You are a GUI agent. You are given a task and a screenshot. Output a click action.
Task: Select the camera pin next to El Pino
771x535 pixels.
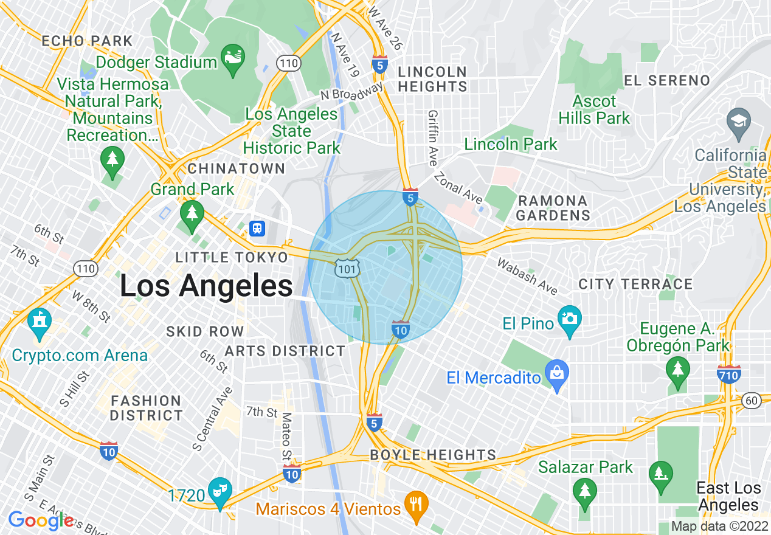(x=569, y=320)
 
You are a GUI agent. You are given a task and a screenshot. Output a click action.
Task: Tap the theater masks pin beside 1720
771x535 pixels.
(x=220, y=491)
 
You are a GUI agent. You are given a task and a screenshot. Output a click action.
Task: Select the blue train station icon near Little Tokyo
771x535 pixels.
(x=258, y=229)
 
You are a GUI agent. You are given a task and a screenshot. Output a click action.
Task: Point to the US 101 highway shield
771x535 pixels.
(x=347, y=267)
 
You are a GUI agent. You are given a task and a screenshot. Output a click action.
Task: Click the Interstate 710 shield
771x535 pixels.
(x=728, y=375)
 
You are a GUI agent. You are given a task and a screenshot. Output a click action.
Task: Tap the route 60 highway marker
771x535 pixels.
(x=752, y=400)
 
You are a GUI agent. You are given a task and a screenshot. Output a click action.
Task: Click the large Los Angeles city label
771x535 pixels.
(x=206, y=286)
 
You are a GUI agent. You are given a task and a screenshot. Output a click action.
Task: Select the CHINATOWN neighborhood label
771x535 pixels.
(x=237, y=168)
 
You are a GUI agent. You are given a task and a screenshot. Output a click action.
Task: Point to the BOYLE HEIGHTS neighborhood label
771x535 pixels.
(x=433, y=455)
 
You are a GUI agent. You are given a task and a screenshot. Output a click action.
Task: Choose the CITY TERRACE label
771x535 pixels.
(x=635, y=284)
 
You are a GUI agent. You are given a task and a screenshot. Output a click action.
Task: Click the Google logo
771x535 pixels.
(x=41, y=520)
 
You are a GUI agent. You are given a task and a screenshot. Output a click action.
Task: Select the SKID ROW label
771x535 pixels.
(x=205, y=331)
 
